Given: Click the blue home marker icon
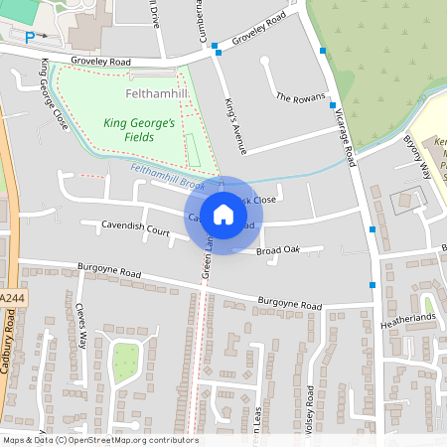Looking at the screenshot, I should pos(223,215).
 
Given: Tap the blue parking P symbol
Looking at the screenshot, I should pos(30,36).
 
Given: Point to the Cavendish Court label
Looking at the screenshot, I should pos(136,226).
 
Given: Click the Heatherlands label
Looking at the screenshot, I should pos(408,317).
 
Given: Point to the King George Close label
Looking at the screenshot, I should pos(54,95).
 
